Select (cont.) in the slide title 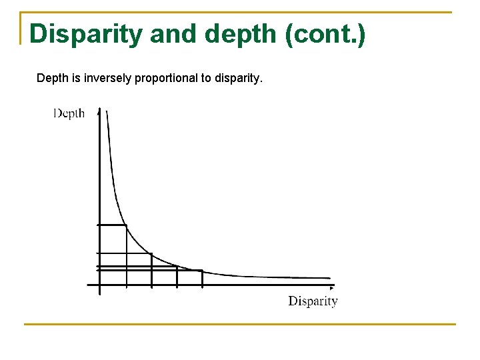pyautogui.click(x=325, y=33)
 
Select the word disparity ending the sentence pyautogui.click(x=239, y=79)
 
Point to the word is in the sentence pyautogui.click(x=75, y=79)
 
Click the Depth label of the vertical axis pyautogui.click(x=69, y=113)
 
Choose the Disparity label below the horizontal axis pyautogui.click(x=313, y=301)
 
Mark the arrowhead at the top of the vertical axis pyautogui.click(x=99, y=110)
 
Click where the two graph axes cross pyautogui.click(x=99, y=285)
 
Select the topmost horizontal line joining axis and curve pyautogui.click(x=112, y=225)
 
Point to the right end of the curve pyautogui.click(x=329, y=278)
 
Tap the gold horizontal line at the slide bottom pyautogui.click(x=240, y=324)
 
